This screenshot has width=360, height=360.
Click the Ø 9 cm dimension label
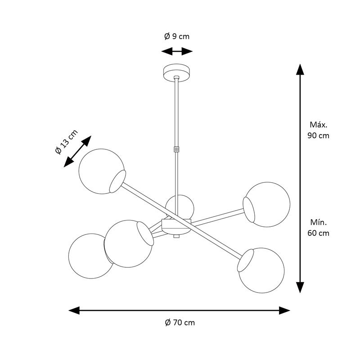(x=177, y=36)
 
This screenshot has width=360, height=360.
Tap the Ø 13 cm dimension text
(x=66, y=142)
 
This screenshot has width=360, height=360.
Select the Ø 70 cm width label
(x=180, y=323)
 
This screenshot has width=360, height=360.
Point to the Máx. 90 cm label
(x=319, y=130)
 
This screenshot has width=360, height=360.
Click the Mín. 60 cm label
(x=319, y=228)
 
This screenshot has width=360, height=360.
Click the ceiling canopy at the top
(x=177, y=72)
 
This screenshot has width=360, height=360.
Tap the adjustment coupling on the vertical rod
(x=177, y=148)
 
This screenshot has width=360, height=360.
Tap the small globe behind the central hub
(x=180, y=207)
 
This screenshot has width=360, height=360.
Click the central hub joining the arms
(x=176, y=226)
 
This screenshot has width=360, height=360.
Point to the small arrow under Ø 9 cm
(x=177, y=51)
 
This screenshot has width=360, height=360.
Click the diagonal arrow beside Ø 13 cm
(x=77, y=152)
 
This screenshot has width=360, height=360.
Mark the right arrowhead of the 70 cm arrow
(x=285, y=310)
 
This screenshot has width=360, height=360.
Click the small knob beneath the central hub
(x=176, y=236)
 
